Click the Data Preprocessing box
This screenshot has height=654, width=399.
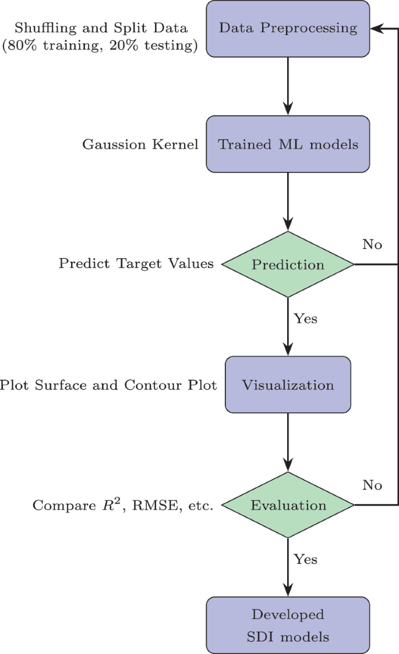tap(288, 29)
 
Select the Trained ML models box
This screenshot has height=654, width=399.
tap(288, 144)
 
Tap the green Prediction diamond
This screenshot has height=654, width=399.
tap(288, 265)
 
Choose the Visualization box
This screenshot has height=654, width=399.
tap(288, 385)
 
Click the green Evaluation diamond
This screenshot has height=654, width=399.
tap(288, 505)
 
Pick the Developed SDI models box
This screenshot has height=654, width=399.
tap(288, 625)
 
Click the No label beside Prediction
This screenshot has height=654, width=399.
tap(372, 244)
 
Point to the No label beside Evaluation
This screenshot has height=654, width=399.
tap(372, 485)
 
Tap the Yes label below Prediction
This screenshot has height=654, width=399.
tap(305, 318)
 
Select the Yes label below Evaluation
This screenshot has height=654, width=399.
tap(305, 559)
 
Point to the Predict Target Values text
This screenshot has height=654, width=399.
tap(136, 264)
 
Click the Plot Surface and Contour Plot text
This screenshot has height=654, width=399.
tap(108, 385)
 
